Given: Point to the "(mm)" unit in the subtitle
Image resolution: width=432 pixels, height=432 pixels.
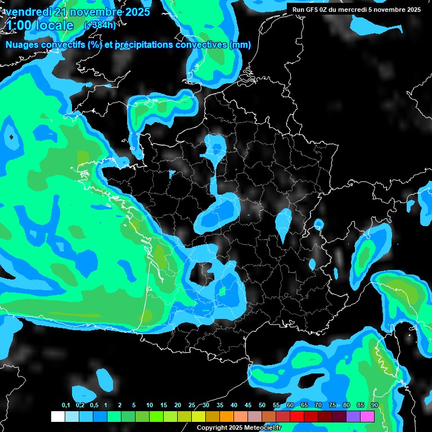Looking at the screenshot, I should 240,45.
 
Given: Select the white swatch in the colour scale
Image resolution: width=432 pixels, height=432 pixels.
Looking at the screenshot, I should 58,417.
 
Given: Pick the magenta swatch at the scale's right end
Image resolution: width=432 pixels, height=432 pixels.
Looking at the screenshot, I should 367,417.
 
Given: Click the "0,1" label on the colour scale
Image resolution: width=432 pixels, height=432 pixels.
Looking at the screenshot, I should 65,406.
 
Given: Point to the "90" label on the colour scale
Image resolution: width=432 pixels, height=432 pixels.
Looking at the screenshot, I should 375,406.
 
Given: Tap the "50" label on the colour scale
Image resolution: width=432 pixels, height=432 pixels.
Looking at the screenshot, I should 262,406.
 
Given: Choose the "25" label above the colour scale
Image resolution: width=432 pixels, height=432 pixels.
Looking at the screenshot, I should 192,406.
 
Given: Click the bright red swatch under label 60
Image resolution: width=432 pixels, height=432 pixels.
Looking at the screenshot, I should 297,417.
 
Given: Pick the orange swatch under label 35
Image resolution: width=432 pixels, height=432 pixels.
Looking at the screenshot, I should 227,417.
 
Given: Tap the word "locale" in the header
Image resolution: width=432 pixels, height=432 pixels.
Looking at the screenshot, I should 54,25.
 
